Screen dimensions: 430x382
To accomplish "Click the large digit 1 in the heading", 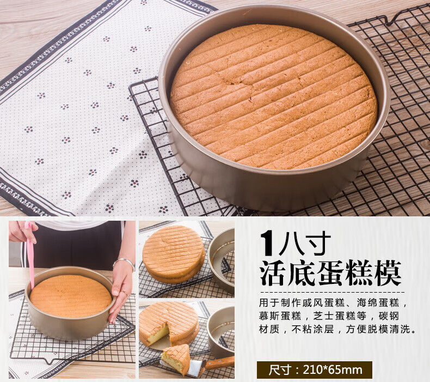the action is click(267, 243).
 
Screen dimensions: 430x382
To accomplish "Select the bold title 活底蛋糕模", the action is click(331, 274).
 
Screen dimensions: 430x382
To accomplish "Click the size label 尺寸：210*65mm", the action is click(315, 369).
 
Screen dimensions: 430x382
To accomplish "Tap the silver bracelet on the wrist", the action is click(125, 263).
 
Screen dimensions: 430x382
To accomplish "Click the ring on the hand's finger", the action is click(125, 293).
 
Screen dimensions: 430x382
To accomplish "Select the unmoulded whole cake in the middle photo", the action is click(174, 254).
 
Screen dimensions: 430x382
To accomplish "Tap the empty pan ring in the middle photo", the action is click(222, 261).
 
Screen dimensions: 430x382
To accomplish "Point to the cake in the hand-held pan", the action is click(71, 296).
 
